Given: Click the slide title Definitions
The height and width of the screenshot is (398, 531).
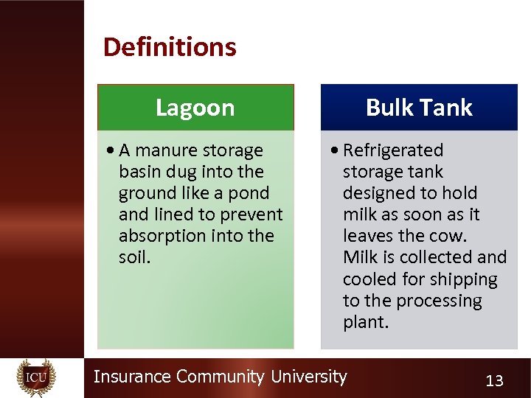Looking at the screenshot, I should tap(170, 47).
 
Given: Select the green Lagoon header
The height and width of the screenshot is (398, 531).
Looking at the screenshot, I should tap(195, 108).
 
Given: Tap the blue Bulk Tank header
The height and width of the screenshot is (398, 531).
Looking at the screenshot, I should tap(419, 108).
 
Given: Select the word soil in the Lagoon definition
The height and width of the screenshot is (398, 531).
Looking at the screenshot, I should tap(133, 257).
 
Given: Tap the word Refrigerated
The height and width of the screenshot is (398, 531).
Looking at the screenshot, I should tap(393, 150).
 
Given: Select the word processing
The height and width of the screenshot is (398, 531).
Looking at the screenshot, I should tap(438, 301).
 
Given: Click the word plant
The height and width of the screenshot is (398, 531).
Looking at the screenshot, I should tap(364, 322).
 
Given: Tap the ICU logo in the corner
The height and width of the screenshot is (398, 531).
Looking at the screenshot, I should tap(36, 377).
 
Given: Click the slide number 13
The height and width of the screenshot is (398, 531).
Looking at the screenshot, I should tap(494, 380).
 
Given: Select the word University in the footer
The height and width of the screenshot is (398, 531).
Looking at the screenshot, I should tap(308, 377).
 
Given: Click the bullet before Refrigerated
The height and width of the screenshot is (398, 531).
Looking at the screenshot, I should tap(336, 150).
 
